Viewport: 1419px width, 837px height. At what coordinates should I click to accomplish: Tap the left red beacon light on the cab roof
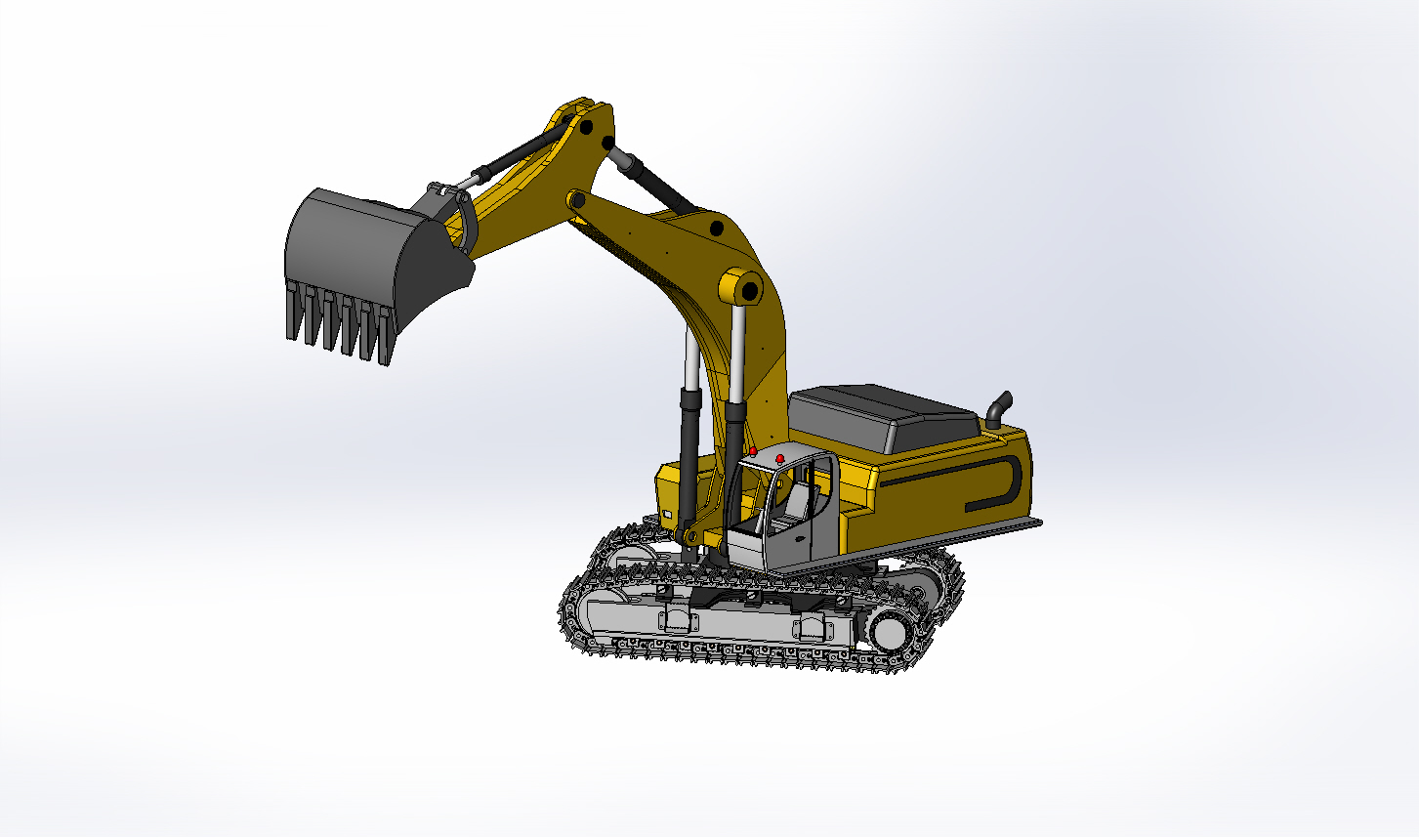[752, 452]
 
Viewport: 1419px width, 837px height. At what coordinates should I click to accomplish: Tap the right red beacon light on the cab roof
[779, 458]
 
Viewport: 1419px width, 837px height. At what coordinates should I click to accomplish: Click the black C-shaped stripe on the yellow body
[1006, 482]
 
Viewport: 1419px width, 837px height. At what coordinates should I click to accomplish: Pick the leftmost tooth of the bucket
[292, 313]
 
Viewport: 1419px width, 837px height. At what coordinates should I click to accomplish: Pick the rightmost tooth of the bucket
[386, 337]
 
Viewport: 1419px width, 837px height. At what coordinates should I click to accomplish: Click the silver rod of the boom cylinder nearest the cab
[739, 352]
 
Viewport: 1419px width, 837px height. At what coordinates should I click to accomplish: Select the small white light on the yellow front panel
[668, 514]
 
